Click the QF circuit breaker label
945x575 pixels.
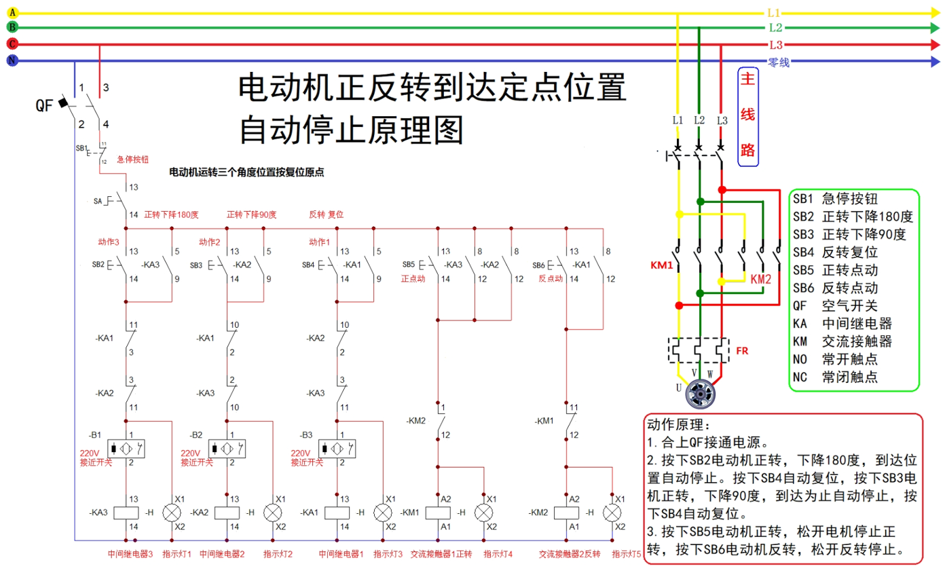tap(43, 105)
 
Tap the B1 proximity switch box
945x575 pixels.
tap(127, 449)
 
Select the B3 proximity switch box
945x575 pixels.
tap(337, 449)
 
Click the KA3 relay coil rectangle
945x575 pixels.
tap(127, 513)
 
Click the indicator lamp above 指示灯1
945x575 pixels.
tap(170, 513)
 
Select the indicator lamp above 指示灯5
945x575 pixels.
tap(612, 513)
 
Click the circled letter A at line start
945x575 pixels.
tap(12, 12)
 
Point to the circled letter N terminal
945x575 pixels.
tap(12, 61)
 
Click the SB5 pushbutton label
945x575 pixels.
tap(408, 264)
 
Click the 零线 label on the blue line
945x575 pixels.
tap(779, 62)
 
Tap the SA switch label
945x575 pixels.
tap(98, 202)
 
